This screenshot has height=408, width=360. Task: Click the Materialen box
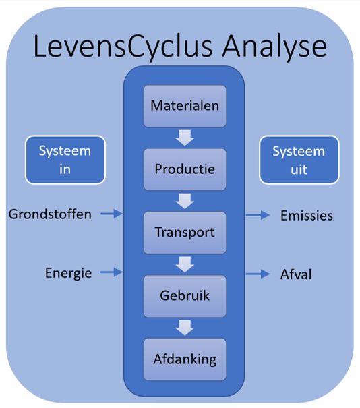click(185, 106)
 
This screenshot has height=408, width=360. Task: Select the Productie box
click(185, 169)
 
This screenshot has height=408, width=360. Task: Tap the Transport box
click(185, 233)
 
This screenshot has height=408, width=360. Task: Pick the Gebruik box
click(185, 296)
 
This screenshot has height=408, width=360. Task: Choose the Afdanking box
click(185, 359)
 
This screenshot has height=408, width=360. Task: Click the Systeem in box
click(65, 160)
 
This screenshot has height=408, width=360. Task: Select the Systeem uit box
click(299, 160)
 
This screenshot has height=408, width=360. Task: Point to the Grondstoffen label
click(50, 214)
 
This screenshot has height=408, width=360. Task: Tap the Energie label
click(68, 273)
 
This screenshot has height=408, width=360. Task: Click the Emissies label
click(307, 216)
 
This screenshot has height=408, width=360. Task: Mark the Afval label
click(296, 274)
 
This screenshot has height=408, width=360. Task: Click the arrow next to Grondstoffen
click(112, 214)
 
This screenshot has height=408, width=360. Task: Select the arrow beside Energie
click(111, 272)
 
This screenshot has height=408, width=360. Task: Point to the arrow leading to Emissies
click(258, 215)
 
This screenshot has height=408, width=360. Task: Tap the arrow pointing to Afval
click(258, 274)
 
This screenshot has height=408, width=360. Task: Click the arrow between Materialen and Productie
click(185, 138)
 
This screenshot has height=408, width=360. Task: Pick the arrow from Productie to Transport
click(185, 201)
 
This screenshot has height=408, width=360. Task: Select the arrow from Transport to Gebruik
click(185, 264)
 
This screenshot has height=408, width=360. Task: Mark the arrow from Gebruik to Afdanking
click(185, 328)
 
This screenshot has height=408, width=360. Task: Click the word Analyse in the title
click(274, 47)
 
